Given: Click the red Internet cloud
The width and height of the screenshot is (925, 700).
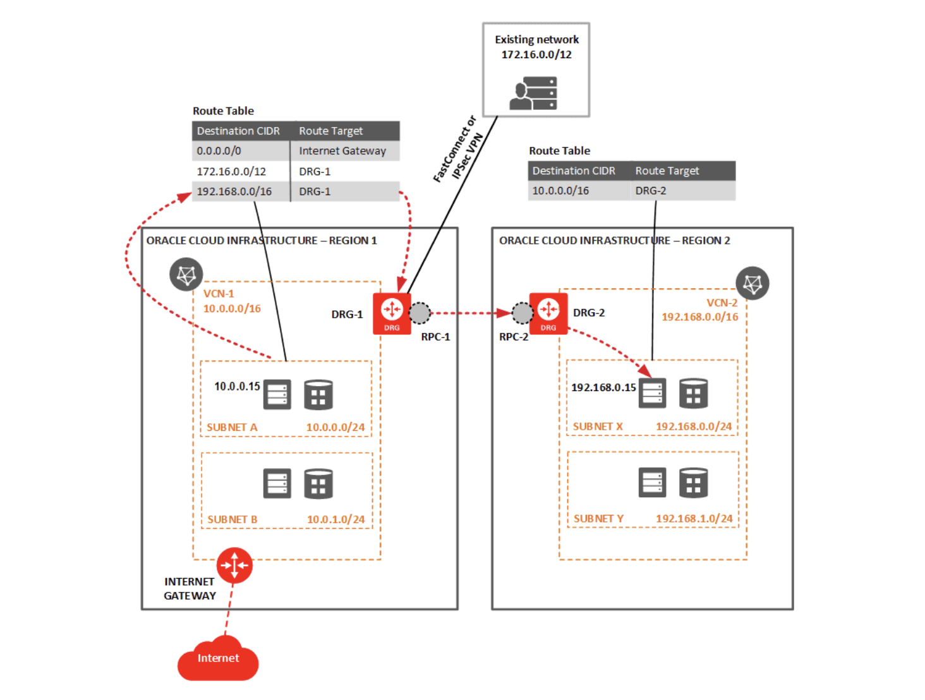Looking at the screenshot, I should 218,660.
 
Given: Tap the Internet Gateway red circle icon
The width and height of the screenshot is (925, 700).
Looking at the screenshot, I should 234,565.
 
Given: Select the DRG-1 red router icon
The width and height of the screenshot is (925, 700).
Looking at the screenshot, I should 392,313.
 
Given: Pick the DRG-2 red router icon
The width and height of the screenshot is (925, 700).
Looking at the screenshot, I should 548,313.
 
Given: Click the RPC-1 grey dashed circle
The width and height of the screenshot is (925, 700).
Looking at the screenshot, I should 420,313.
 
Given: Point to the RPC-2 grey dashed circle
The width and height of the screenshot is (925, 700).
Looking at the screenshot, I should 523,313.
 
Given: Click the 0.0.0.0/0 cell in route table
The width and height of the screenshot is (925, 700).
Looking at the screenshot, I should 219,151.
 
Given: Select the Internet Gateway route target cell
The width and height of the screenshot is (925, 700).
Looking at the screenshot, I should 342,151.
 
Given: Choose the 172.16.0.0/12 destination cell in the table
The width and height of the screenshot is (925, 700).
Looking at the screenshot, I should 231,171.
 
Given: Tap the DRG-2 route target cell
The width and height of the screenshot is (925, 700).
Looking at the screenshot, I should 651,191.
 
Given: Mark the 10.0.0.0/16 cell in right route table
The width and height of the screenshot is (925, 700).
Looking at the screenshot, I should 560,191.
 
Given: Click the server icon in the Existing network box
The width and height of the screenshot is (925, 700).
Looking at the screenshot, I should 533,94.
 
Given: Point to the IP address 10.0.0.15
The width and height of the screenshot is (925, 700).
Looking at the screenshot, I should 237,386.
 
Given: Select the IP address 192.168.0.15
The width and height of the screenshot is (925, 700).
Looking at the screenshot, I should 603,387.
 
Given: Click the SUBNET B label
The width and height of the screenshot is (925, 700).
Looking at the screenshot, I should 232,519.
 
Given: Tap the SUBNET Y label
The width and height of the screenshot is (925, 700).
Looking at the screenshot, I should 598,519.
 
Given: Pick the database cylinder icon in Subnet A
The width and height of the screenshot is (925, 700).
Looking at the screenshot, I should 318,395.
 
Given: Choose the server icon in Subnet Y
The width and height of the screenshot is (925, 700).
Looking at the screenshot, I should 652,483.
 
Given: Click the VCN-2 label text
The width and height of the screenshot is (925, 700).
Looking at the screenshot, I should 722,303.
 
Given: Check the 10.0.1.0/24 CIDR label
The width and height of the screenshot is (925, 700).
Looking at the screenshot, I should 336,519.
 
